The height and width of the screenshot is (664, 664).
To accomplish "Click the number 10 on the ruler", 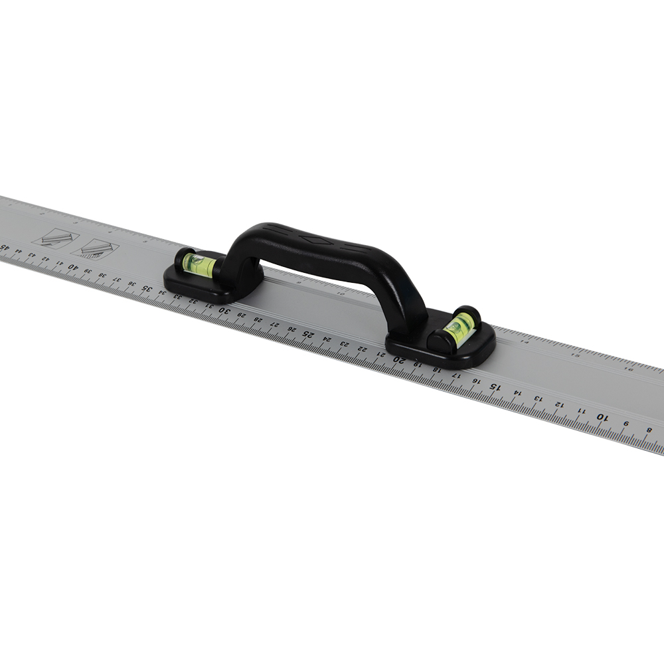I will (x=602, y=416).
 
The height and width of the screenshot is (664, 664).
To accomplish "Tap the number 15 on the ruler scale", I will (x=494, y=386).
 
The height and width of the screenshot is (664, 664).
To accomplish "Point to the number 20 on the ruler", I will (x=399, y=359).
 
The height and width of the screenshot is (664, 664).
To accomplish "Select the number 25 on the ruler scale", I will (x=308, y=333).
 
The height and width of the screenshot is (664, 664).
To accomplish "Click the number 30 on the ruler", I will (x=224, y=309).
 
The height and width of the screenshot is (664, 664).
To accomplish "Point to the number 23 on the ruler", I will (x=344, y=343).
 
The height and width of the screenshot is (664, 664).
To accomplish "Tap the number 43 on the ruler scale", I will (x=32, y=256).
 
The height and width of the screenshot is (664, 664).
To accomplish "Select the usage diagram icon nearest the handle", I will (x=94, y=249).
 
